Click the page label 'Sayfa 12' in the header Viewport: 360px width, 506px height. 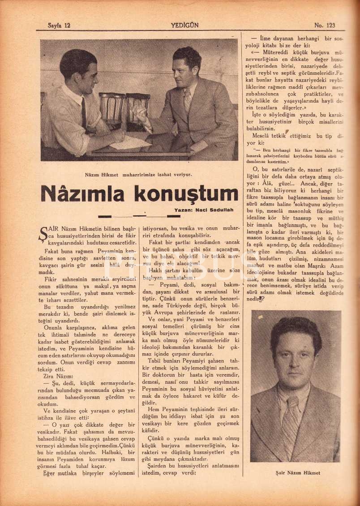pyautogui.click(x=59, y=26)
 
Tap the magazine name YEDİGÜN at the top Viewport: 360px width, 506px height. pyautogui.click(x=184, y=26)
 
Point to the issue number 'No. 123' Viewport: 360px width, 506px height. pyautogui.click(x=325, y=26)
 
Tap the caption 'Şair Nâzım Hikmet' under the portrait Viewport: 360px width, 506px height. pyautogui.click(x=298, y=472)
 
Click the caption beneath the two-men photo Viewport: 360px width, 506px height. pyautogui.click(x=138, y=175)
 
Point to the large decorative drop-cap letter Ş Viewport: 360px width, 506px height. pyautogui.click(x=44, y=233)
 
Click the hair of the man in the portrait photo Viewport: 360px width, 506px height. pyautogui.click(x=295, y=329)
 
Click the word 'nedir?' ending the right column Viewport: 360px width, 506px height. pyautogui.click(x=254, y=299)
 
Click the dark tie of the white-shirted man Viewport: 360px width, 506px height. pyautogui.click(x=84, y=112)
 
